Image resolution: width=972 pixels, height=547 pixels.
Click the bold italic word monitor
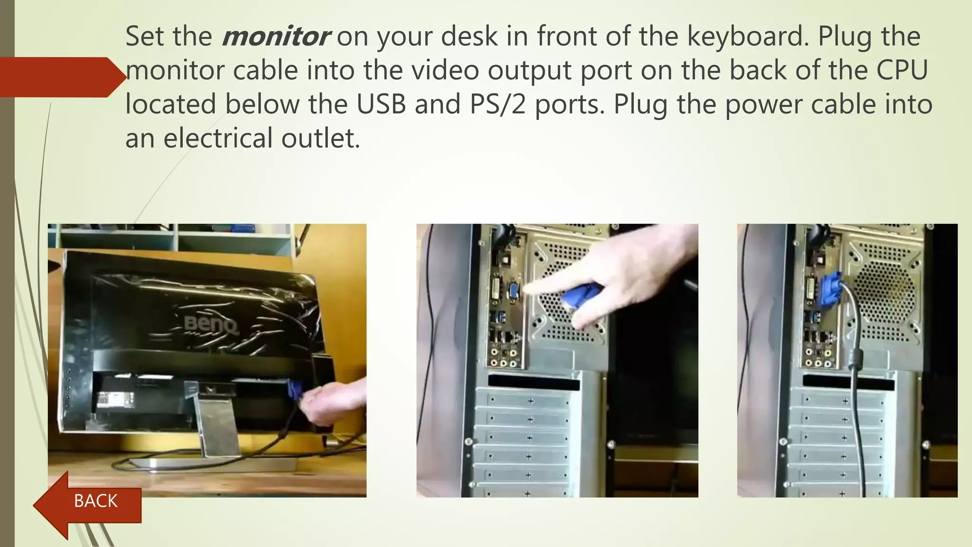point(275,37)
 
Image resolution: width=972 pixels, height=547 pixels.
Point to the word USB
point(381,105)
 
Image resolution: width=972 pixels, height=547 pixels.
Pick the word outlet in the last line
point(320,139)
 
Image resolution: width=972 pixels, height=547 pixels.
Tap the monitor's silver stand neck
point(218,423)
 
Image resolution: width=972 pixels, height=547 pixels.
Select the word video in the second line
point(445,71)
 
